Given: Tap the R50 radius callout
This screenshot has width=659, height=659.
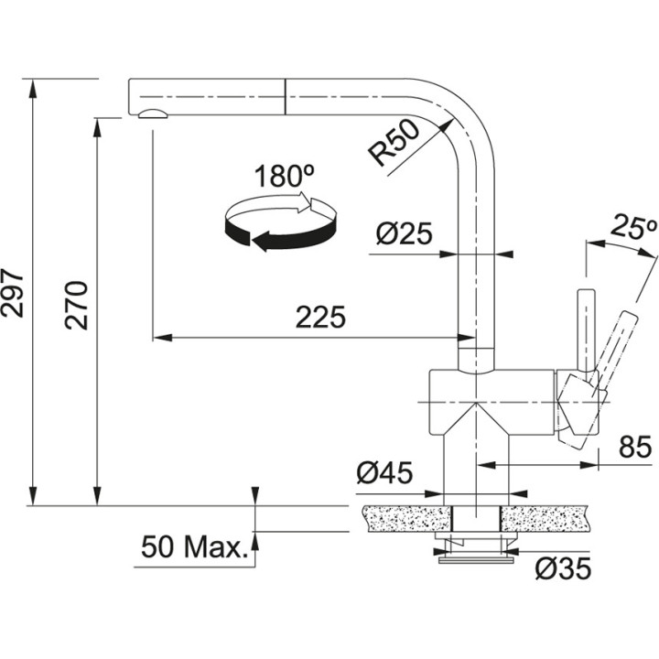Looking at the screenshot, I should click(394, 144).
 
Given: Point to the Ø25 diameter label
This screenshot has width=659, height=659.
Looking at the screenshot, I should click(403, 235).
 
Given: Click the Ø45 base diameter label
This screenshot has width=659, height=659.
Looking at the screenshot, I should click(384, 473).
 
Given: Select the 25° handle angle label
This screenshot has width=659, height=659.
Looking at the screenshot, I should click(635, 228).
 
